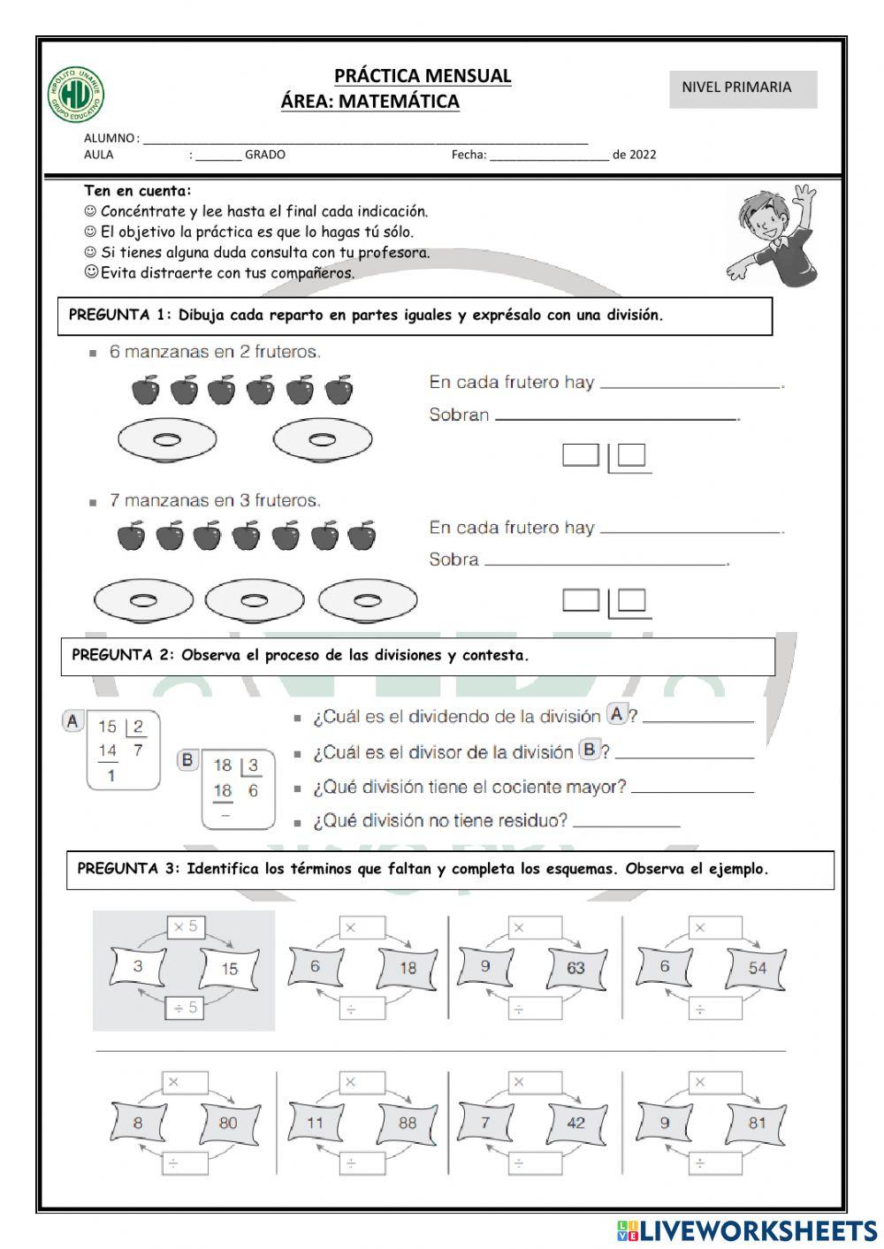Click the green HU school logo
coord(76,95)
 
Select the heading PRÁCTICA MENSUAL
coord(423,76)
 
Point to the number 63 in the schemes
coord(576,968)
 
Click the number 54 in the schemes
coord(757,968)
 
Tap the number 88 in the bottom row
coord(407,1123)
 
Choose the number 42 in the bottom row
coord(576,1123)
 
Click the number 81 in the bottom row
coord(757,1123)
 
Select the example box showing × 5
coord(186,927)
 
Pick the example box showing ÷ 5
coord(186,1007)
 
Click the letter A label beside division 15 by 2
coord(72,721)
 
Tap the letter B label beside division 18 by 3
coord(187,759)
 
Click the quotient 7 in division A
coord(137,750)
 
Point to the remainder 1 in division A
coord(110,776)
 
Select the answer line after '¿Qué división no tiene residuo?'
coord(627,825)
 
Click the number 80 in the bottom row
coord(229,1123)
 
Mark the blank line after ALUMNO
coord(364,141)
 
